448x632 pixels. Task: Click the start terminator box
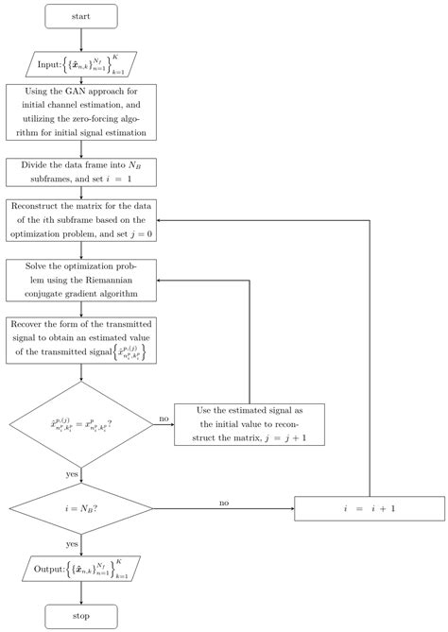point(81,16)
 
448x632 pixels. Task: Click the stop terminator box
point(81,616)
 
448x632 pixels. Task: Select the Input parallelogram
point(81,63)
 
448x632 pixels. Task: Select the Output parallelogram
point(81,568)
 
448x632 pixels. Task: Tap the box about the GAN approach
point(81,113)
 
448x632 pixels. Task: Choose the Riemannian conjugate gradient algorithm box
point(81,281)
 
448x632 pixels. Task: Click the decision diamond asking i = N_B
point(81,507)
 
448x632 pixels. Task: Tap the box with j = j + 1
point(249,424)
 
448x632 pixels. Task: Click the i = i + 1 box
point(368,507)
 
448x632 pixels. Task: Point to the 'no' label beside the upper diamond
point(164,418)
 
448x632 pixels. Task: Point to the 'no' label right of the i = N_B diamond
point(223,502)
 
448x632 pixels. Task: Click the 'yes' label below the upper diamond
point(72,474)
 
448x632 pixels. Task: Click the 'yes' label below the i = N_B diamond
point(72,545)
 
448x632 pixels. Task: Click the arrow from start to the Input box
point(81,39)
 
